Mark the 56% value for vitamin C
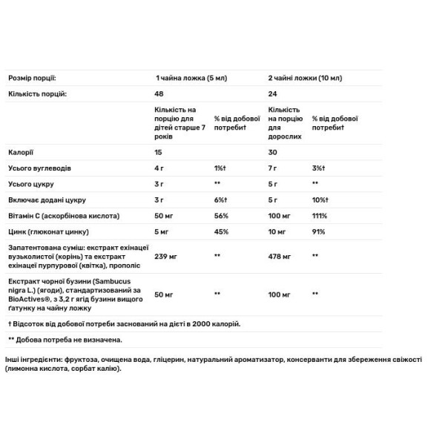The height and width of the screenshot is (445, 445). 220,216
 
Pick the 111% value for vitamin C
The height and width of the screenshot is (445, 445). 319,216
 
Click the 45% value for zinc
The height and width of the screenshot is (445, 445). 220,232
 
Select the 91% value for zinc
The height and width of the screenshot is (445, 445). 317,232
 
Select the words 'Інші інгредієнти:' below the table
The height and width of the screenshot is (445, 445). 36,359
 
